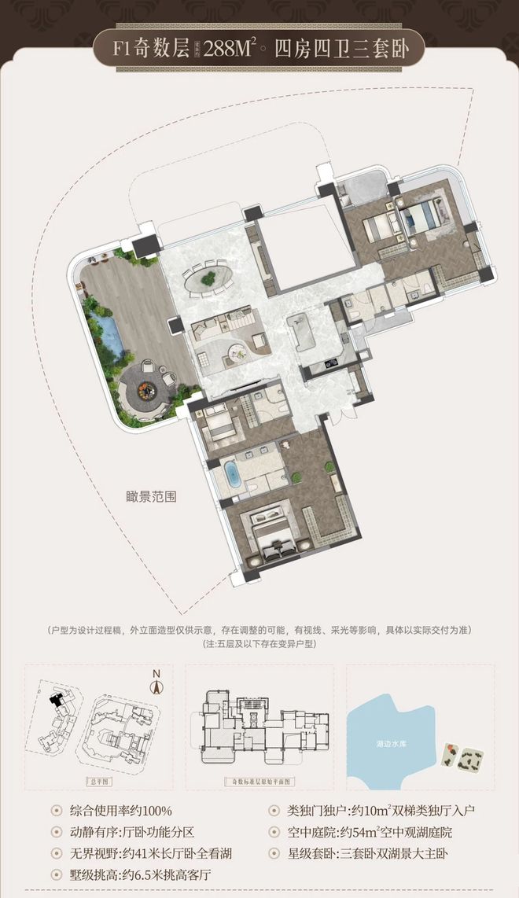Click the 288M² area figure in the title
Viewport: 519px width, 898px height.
[230, 48]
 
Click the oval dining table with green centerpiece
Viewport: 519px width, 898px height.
[208, 278]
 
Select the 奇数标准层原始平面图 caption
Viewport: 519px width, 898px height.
[259, 782]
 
